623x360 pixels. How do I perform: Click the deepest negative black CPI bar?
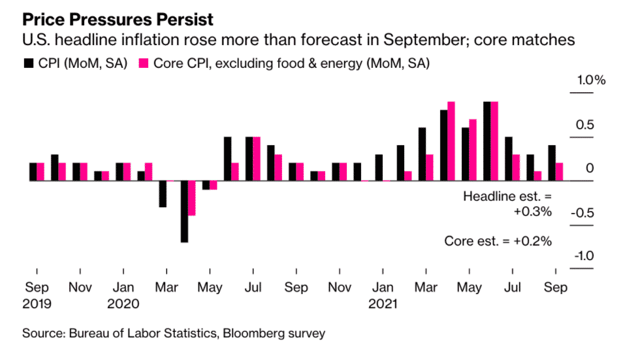point(184,211)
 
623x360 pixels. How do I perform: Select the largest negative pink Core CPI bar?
point(192,198)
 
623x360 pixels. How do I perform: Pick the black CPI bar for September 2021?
point(552,163)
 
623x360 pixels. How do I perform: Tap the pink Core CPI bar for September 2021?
point(559,172)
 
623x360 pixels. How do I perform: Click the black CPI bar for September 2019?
point(33,172)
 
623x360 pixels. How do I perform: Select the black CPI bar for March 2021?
point(422,154)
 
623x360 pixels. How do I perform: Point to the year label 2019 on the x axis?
point(37,304)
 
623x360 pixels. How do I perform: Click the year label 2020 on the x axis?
point(123,304)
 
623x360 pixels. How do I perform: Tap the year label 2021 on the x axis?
point(382,304)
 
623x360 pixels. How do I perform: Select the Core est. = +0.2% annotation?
point(498,240)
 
